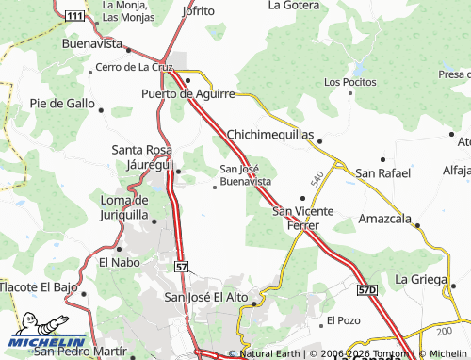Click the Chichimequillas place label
click(x=270, y=135)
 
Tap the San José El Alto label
click(x=206, y=298)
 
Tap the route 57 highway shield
click(x=181, y=268)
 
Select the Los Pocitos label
click(x=344, y=82)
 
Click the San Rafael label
click(x=382, y=172)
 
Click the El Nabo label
click(x=118, y=262)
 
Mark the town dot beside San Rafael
click(x=382, y=159)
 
